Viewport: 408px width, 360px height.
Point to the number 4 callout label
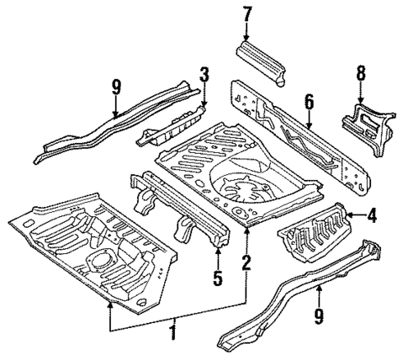(371, 215)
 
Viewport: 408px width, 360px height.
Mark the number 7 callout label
(246, 14)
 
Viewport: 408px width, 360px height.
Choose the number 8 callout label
(360, 74)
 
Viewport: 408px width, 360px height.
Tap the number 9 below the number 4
(320, 316)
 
